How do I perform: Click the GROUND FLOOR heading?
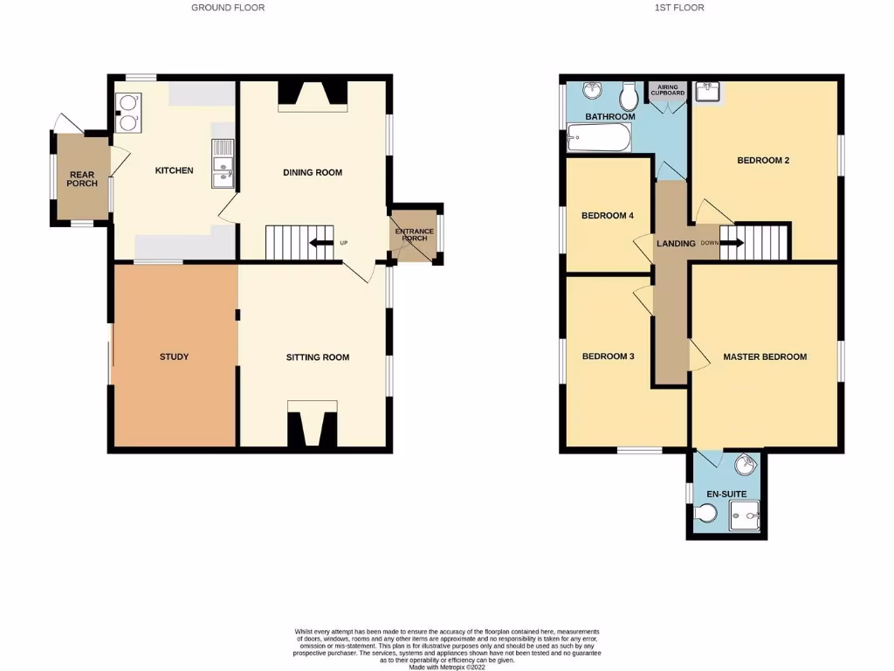[x=228, y=8]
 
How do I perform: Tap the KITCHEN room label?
[x=174, y=170]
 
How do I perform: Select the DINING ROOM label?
[x=313, y=172]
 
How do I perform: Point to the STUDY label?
[x=174, y=356]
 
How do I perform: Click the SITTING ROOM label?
[x=318, y=357]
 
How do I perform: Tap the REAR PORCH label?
[x=82, y=178]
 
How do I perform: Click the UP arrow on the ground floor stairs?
[x=320, y=243]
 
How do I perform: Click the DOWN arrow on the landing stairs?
[x=730, y=243]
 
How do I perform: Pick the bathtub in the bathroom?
[x=599, y=137]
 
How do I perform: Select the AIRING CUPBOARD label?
[x=667, y=91]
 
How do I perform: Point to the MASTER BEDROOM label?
[x=764, y=356]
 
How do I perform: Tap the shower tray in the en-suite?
[x=744, y=517]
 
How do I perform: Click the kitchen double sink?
[x=222, y=171]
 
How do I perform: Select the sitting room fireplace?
[x=312, y=426]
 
